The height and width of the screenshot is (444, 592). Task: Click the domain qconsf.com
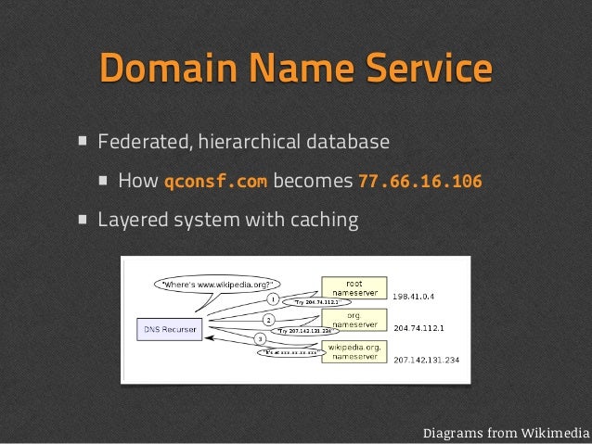coord(215,181)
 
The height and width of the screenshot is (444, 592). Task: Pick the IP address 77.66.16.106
coord(419,181)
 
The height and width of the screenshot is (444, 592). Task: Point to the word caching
coord(325,221)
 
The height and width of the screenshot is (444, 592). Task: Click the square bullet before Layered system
coord(84,221)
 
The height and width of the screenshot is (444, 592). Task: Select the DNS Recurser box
coord(168,327)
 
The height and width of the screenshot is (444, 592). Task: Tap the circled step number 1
coord(273,299)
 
